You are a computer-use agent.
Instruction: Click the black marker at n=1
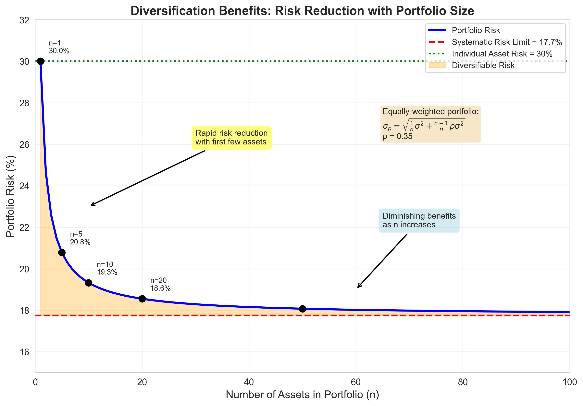click(x=40, y=61)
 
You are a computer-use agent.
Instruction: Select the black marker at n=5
click(x=62, y=252)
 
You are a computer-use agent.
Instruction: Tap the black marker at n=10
click(x=89, y=283)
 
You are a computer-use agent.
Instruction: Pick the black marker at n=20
click(x=142, y=299)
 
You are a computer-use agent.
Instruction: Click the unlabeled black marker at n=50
click(x=302, y=309)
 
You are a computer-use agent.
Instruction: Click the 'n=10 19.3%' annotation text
click(x=107, y=268)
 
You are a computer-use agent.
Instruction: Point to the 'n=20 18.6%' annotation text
click(x=160, y=284)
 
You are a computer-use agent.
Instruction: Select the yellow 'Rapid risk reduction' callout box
click(x=231, y=137)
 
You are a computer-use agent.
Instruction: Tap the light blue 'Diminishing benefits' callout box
click(x=419, y=220)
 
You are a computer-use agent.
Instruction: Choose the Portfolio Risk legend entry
click(x=475, y=30)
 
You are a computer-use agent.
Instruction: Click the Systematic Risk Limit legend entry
click(x=507, y=42)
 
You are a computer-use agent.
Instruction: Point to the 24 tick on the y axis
click(x=24, y=186)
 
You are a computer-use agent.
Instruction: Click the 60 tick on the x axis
click(x=356, y=382)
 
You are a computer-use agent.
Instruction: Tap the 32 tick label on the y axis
click(x=24, y=20)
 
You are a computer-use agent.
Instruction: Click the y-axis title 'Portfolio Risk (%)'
click(x=10, y=196)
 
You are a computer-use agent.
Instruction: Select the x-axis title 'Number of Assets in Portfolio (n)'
click(x=302, y=395)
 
